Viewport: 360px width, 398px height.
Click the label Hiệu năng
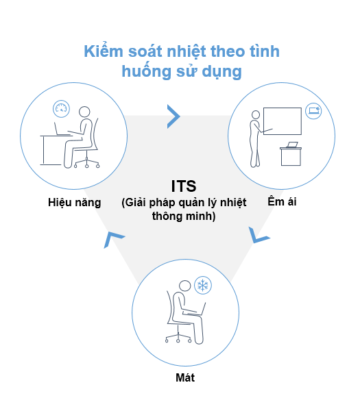tap(75, 203)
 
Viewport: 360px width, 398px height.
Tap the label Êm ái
tap(282, 201)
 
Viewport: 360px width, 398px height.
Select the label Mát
tap(185, 377)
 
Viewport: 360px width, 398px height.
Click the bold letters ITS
tap(184, 186)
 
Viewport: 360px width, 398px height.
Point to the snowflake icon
tap(203, 285)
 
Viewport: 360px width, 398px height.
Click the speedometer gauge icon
tap(61, 109)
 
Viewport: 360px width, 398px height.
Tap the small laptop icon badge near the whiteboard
tap(313, 111)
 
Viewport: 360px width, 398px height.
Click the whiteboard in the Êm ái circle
tap(283, 121)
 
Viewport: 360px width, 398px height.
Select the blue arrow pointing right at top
tap(173, 116)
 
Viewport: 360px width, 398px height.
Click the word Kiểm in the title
tap(104, 51)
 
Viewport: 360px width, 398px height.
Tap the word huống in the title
tap(146, 71)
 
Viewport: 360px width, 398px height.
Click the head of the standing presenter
tap(256, 114)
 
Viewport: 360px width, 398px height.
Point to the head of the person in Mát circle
tap(184, 286)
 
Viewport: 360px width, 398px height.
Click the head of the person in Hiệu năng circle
tap(84, 112)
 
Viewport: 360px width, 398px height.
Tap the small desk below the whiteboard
tap(291, 156)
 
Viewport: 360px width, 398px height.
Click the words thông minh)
tap(184, 216)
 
